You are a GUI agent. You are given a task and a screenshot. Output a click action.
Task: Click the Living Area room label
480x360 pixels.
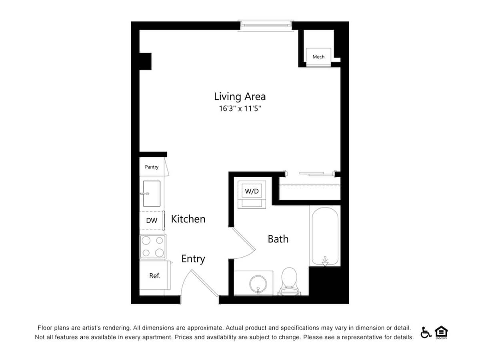click(240, 96)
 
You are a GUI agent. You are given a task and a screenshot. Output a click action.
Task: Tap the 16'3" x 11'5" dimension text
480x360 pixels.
click(240, 108)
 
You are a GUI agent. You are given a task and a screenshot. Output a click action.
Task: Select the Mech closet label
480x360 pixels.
click(318, 57)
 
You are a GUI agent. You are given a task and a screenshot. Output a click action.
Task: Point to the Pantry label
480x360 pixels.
click(152, 167)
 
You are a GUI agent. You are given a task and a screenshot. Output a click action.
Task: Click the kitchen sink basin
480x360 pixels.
click(152, 194)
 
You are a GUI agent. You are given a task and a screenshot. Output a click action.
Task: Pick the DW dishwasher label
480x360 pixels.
click(151, 220)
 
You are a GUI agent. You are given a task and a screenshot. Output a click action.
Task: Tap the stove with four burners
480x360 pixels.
click(152, 247)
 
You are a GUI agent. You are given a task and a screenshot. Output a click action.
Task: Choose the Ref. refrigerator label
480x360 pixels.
click(154, 276)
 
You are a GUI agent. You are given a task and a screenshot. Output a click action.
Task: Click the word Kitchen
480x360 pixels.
click(188, 219)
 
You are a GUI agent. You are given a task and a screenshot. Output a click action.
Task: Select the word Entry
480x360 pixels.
click(193, 259)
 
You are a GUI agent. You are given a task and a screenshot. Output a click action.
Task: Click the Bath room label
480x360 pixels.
click(278, 239)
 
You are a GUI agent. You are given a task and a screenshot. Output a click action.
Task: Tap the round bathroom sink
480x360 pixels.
click(256, 284)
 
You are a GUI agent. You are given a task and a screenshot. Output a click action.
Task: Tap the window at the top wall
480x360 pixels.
click(266, 25)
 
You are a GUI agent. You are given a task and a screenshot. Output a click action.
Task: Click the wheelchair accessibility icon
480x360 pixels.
click(426, 332)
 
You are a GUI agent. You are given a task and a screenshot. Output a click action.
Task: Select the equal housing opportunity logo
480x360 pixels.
click(441, 332)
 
